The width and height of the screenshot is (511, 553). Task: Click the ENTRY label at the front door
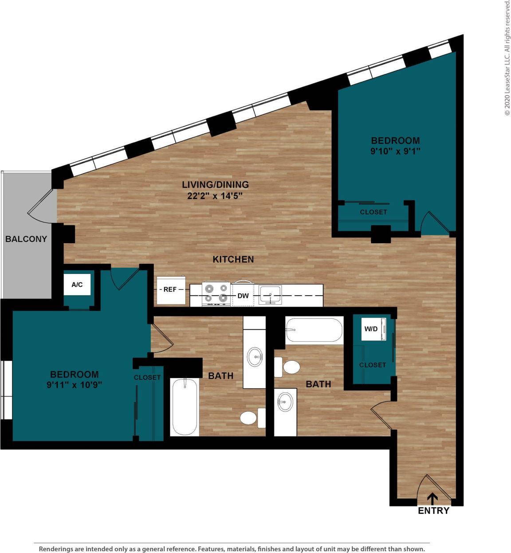tap(433, 510)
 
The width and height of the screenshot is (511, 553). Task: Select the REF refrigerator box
tap(170, 290)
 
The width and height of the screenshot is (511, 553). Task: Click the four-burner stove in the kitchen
tap(216, 294)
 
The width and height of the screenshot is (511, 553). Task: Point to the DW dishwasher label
tap(243, 296)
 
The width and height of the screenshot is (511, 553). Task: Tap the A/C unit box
tap(77, 284)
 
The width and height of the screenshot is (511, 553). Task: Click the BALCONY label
tap(26, 239)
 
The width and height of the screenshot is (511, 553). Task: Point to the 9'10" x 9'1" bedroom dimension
tap(395, 151)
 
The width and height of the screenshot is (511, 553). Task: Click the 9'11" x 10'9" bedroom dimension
tap(75, 385)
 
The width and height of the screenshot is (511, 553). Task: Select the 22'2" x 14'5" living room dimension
tap(215, 195)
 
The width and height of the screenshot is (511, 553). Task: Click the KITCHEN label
tap(233, 260)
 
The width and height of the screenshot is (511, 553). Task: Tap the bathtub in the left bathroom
tap(185, 407)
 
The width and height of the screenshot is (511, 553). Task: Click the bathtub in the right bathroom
tap(314, 330)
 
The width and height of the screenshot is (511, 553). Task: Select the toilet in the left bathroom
tap(251, 418)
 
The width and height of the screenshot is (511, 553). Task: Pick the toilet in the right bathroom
tap(288, 367)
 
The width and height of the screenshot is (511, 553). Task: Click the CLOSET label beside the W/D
tap(373, 365)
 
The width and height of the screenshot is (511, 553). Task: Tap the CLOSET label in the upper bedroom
tap(373, 212)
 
